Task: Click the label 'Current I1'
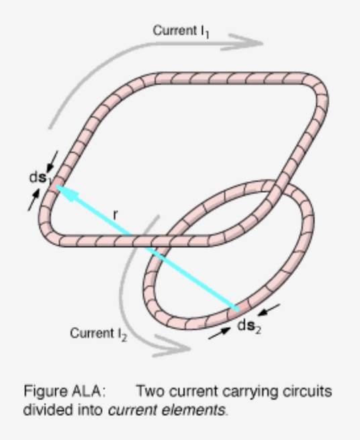[x=181, y=31]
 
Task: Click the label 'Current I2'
[x=99, y=334]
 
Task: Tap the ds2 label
[x=249, y=326]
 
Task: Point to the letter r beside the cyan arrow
[x=116, y=215]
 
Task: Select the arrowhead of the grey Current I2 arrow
[x=172, y=347]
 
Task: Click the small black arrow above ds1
[x=52, y=161]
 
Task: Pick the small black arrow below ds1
[x=34, y=200]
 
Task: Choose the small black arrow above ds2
[x=269, y=310]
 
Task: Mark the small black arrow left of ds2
[x=220, y=333]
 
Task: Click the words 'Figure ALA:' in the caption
[x=65, y=391]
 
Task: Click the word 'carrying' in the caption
[x=251, y=392]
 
